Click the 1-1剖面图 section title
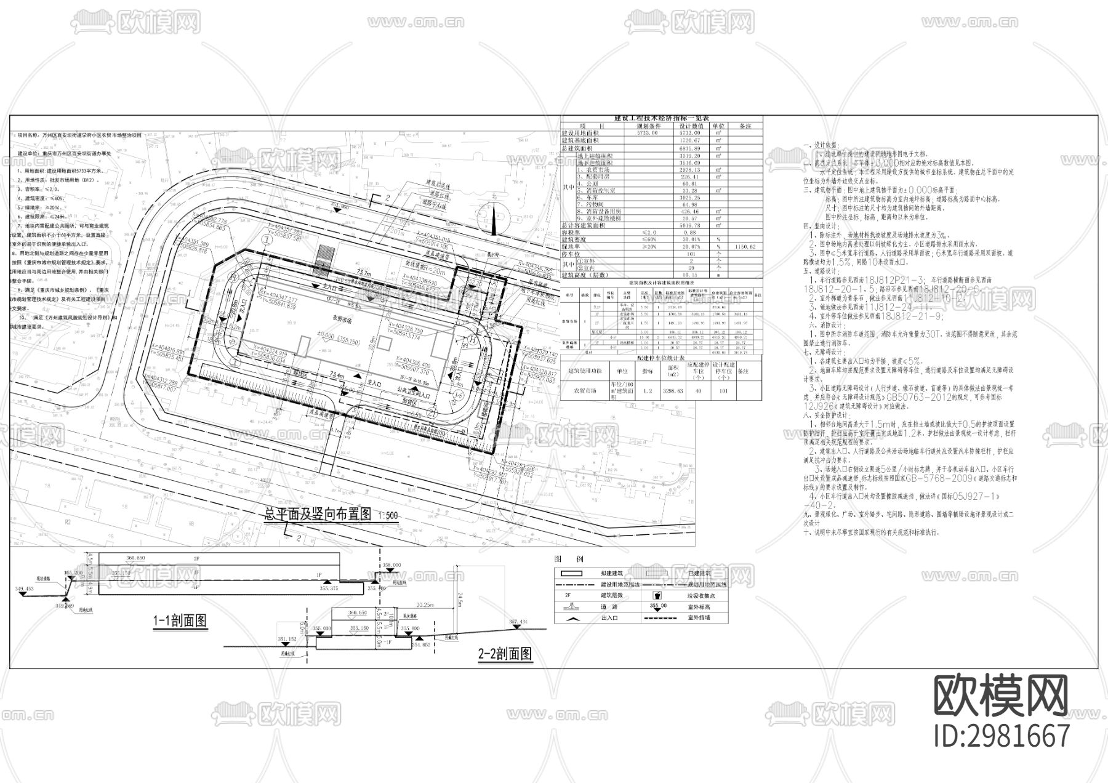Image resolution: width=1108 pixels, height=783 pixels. click(x=180, y=620)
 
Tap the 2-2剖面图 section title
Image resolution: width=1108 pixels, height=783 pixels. click(x=505, y=654)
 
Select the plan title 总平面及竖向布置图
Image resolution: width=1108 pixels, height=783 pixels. click(x=318, y=515)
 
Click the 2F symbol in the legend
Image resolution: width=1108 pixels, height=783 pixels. click(x=568, y=596)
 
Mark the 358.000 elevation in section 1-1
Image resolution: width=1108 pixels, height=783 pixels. click(x=391, y=564)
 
